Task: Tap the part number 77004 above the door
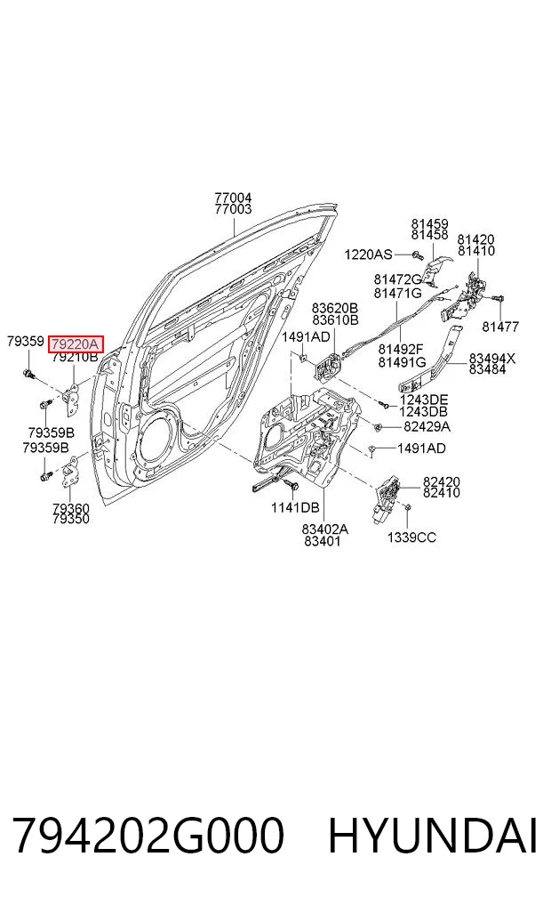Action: coord(233,198)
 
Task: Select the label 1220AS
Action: coord(368,255)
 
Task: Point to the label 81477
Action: coord(500,327)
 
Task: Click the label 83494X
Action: coord(491,359)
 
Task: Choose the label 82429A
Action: coord(427,427)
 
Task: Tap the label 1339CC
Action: coord(411,537)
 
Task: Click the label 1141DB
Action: coord(295,508)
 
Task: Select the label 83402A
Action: coord(325,529)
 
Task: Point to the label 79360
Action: coord(71,508)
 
